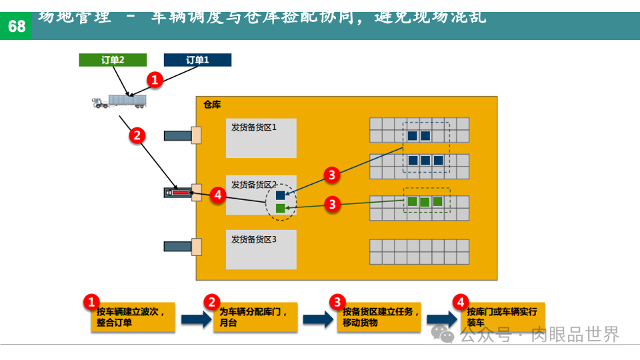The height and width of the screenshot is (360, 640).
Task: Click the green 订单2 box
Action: pyautogui.click(x=113, y=60)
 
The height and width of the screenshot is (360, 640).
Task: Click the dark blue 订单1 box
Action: pyautogui.click(x=197, y=60)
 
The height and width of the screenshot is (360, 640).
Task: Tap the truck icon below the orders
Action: pyautogui.click(x=119, y=101)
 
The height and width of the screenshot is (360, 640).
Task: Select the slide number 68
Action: pyautogui.click(x=16, y=26)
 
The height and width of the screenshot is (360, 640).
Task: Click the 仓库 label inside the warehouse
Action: pyautogui.click(x=212, y=105)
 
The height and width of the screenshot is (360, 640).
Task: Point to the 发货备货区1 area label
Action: pyautogui.click(x=254, y=127)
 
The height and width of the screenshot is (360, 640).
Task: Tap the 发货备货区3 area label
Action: pyautogui.click(x=254, y=239)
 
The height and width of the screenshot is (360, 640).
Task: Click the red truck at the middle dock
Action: pyautogui.click(x=178, y=193)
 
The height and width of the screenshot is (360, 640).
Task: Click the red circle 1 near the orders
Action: pyautogui.click(x=155, y=81)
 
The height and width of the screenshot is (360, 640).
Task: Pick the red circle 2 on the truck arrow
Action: pyautogui.click(x=137, y=135)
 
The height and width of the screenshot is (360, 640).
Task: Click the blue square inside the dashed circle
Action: pyautogui.click(x=281, y=195)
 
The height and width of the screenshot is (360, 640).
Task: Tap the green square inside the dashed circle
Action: pyautogui.click(x=281, y=209)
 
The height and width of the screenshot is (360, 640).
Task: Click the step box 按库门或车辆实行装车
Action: pyautogui.click(x=503, y=317)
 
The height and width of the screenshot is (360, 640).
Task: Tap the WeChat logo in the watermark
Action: pyautogui.click(x=443, y=333)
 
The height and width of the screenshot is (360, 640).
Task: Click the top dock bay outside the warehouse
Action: pyautogui.click(x=178, y=135)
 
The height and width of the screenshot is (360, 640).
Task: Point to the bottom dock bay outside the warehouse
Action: pyautogui.click(x=178, y=246)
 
